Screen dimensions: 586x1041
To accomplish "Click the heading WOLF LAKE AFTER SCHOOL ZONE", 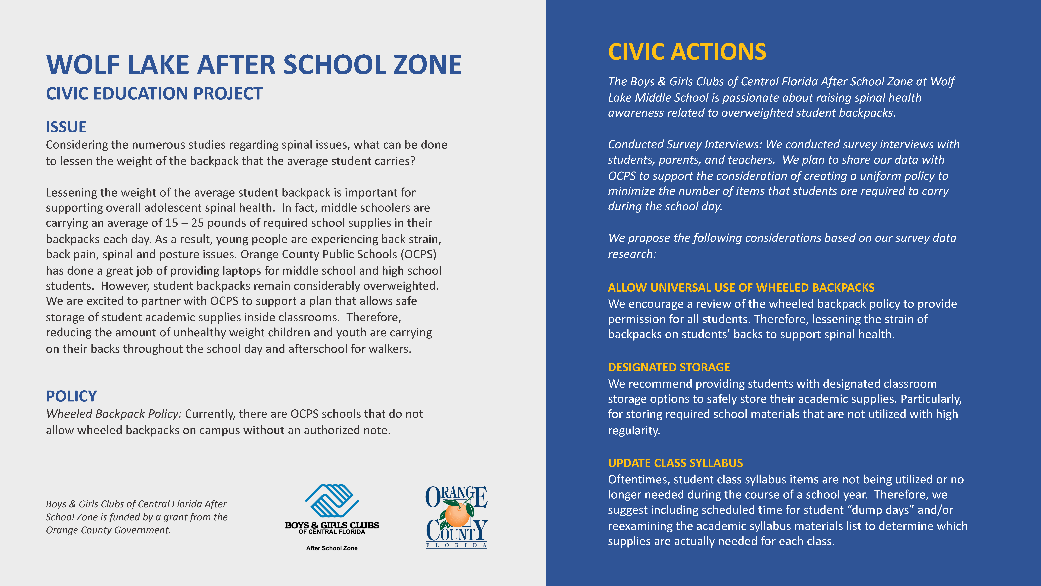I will pyautogui.click(x=254, y=65).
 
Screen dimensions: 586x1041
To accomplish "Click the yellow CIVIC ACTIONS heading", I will pyautogui.click(x=687, y=52).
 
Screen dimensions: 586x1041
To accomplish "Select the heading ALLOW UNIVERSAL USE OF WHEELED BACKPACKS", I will pyautogui.click(x=741, y=288).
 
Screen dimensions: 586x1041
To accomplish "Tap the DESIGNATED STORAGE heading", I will pyautogui.click(x=669, y=367).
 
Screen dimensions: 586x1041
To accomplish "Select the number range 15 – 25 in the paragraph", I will pyautogui.click(x=184, y=223).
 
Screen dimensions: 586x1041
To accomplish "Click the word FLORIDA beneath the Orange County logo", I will pyautogui.click(x=457, y=545).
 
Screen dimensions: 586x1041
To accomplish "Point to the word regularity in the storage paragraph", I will pyautogui.click(x=634, y=430).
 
